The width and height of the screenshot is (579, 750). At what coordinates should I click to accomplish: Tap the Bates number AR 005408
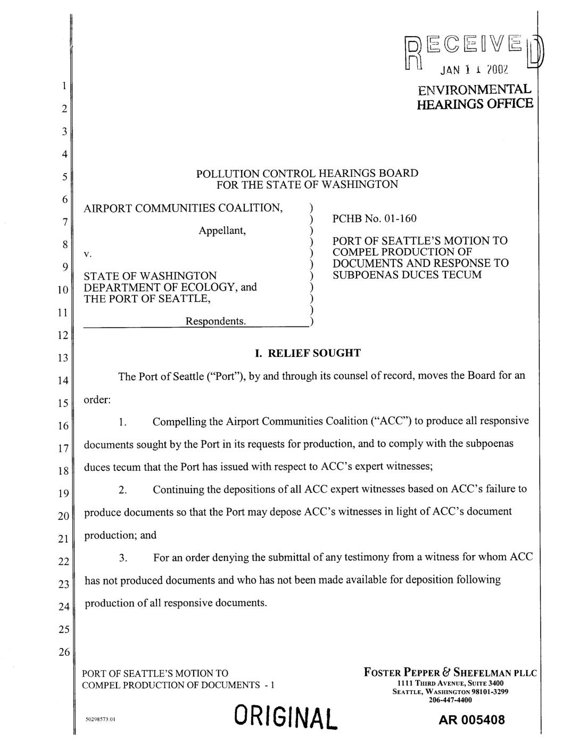(472, 720)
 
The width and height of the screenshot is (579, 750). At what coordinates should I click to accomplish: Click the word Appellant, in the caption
(222, 231)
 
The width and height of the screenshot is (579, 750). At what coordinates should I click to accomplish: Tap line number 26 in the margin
(63, 652)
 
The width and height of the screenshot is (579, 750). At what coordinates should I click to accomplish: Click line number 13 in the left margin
(63, 357)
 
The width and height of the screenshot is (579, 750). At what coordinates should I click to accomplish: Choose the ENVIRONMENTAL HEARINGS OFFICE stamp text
(474, 95)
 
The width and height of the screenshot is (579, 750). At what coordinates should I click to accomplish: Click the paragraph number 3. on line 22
(123, 558)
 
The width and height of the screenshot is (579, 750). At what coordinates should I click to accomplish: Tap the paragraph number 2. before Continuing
(123, 490)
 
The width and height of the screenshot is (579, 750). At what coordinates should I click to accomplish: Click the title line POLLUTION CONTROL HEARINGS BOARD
(307, 173)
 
